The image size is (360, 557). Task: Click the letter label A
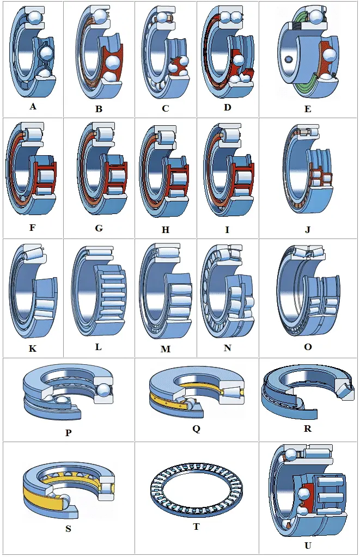click(33, 107)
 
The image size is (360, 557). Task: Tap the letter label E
click(308, 109)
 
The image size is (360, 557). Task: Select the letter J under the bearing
click(308, 229)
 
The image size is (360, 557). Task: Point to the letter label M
click(166, 349)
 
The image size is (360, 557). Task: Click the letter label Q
click(196, 429)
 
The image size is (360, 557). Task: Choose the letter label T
click(197, 527)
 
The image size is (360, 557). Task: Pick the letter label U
click(308, 545)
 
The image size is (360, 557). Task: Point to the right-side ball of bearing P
click(103, 389)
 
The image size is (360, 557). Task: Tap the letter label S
click(68, 528)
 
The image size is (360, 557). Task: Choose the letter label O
click(308, 347)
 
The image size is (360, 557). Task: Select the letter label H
click(166, 230)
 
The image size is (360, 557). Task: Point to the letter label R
click(308, 429)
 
